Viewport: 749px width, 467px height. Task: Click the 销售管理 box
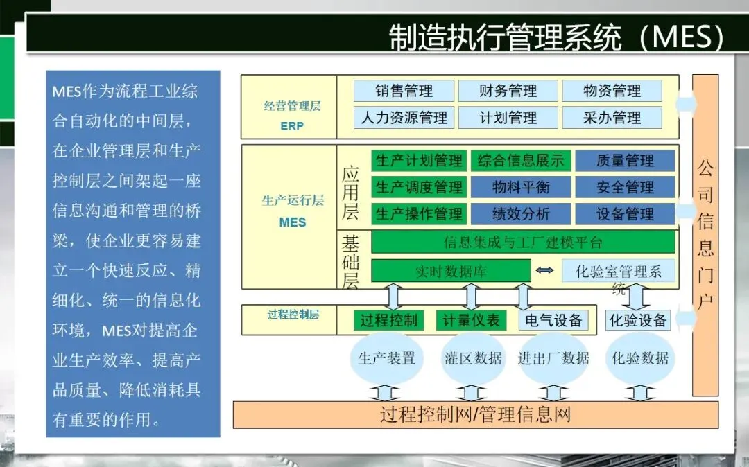(x=404, y=91)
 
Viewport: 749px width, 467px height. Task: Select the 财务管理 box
(x=508, y=91)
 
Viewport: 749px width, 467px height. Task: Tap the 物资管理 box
(x=612, y=91)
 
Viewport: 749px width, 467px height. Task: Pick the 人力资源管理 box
(x=404, y=118)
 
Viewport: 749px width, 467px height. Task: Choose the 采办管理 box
(x=612, y=118)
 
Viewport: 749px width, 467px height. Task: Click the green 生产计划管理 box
(x=419, y=161)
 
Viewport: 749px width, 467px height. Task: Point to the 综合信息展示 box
(x=521, y=161)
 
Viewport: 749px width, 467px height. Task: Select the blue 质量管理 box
(x=625, y=161)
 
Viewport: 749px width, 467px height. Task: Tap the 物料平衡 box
(x=521, y=187)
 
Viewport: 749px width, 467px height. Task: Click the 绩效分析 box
(x=521, y=213)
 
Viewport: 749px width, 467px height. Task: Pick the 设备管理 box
(x=625, y=213)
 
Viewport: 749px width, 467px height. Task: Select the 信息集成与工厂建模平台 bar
(x=523, y=243)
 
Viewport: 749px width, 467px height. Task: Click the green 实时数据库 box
(x=451, y=271)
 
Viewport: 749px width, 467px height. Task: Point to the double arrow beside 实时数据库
(x=545, y=270)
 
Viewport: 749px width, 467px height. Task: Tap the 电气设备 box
(x=553, y=320)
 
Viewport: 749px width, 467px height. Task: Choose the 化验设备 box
(x=637, y=320)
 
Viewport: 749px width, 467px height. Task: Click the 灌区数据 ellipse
(x=473, y=358)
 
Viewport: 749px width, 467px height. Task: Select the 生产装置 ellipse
(x=386, y=358)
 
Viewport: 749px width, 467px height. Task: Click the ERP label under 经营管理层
(x=292, y=127)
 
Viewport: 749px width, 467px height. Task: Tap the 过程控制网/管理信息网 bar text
(x=475, y=414)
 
